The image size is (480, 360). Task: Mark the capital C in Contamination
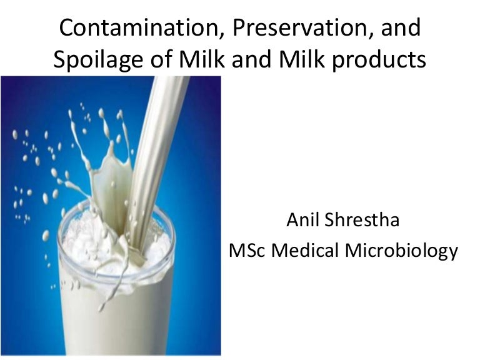66,29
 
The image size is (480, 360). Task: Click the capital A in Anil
291,220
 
